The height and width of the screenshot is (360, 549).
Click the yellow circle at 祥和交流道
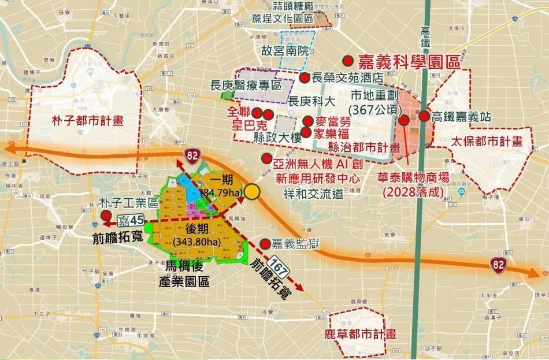(252, 192)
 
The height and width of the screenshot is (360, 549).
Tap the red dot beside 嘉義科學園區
(348, 61)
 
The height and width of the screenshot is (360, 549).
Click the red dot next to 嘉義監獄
(265, 243)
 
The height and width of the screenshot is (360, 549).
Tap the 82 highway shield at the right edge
(498, 265)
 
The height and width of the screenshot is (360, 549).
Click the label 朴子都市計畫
(79, 121)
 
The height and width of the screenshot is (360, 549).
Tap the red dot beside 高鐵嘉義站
(424, 116)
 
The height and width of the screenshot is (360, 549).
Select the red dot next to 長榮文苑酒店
(303, 77)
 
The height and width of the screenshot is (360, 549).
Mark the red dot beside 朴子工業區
(106, 215)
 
